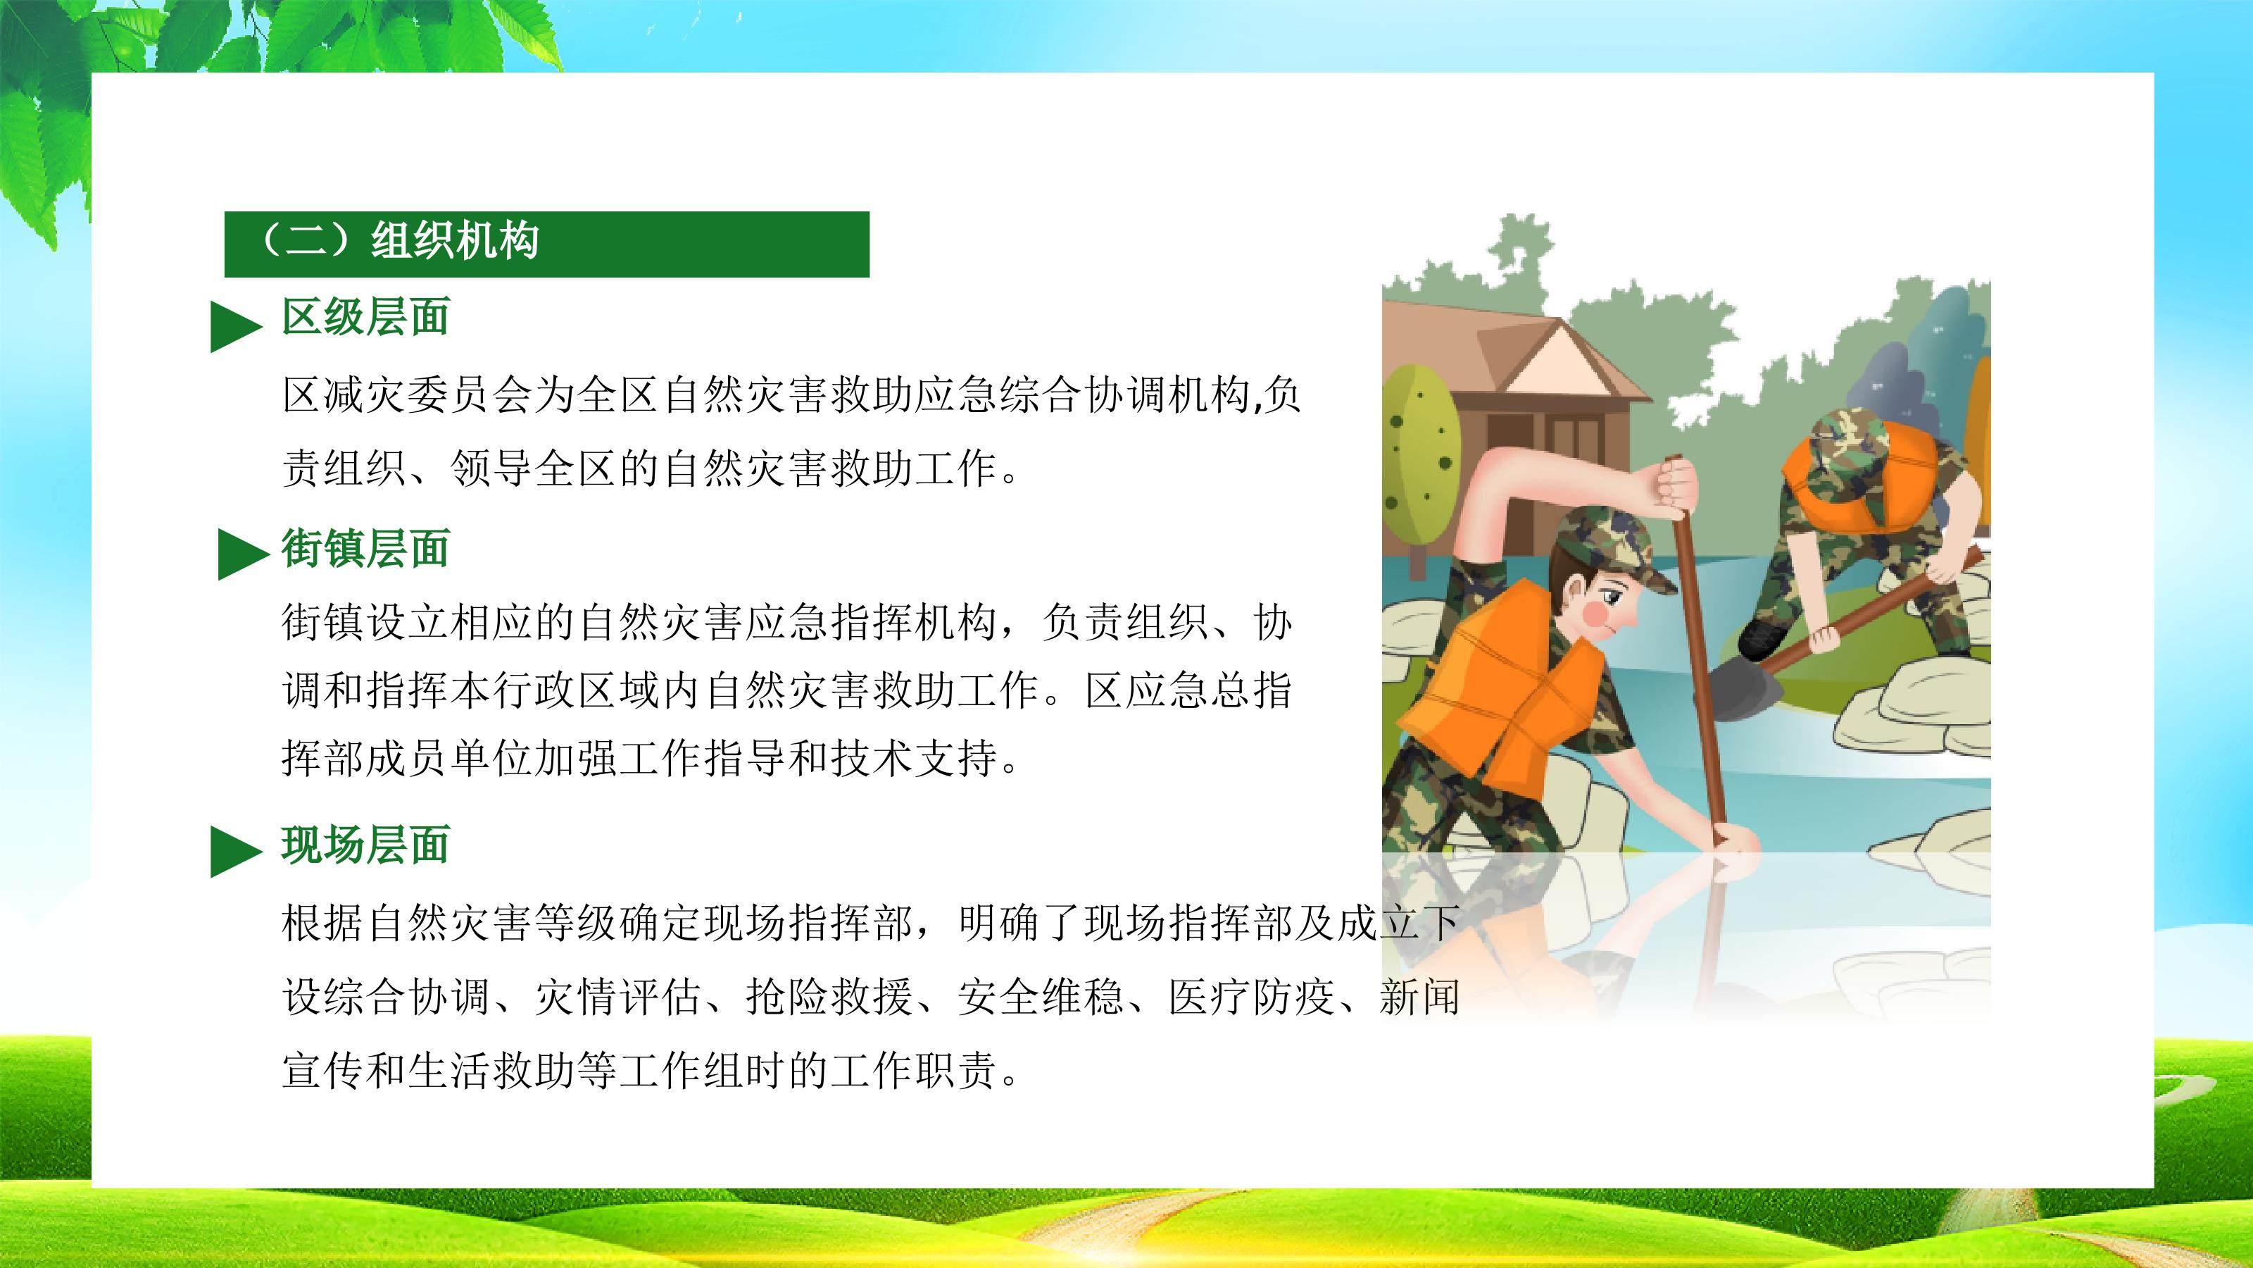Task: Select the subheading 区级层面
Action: pyautogui.click(x=365, y=317)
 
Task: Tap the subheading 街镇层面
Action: pyautogui.click(x=365, y=549)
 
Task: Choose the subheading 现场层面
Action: pyautogui.click(x=365, y=845)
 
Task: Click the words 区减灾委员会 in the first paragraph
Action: pyautogui.click(x=407, y=395)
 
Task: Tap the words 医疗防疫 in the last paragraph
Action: pyautogui.click(x=1252, y=996)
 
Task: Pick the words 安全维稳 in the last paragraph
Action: pyautogui.click(x=1041, y=996)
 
